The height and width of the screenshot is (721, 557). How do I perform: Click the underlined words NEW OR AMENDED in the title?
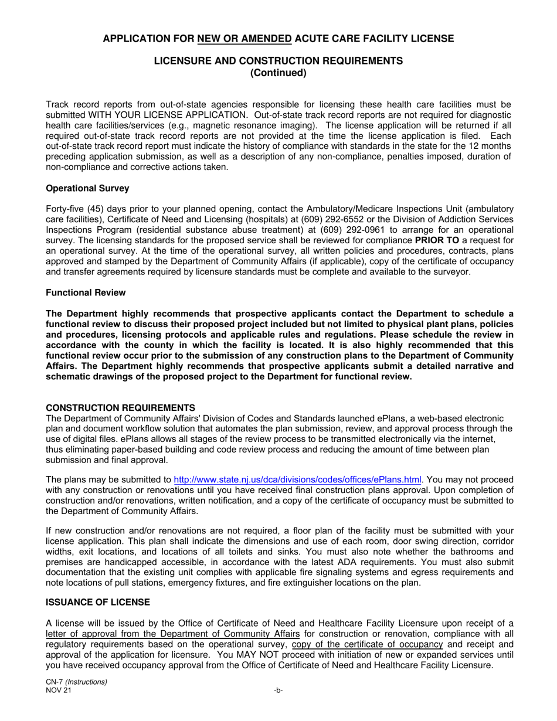244,39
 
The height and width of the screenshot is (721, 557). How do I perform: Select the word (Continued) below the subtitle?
278,73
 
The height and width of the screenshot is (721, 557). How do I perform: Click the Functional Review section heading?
86,293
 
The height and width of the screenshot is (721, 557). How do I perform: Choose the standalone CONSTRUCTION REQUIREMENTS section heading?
121,407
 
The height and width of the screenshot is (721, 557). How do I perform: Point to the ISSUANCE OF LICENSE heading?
98,602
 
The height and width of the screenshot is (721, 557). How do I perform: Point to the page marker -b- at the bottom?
278,691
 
